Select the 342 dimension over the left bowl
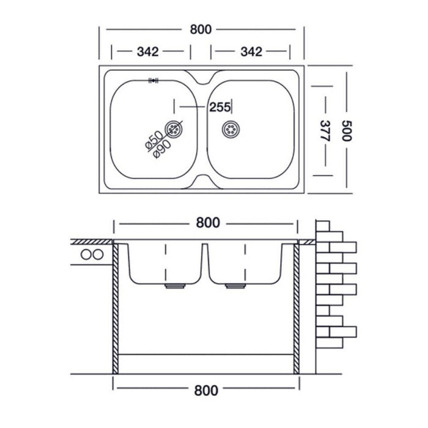tap(147, 52)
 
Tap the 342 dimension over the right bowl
tap(252, 52)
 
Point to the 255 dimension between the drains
tap(220, 108)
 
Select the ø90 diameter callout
tap(160, 147)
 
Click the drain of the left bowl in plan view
tap(174, 129)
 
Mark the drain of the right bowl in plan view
tap(231, 129)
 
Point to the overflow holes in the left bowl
tap(153, 79)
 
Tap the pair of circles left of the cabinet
tap(90, 254)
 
